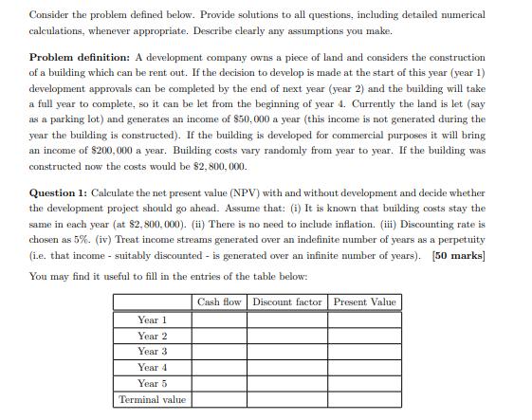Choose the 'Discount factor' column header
(x=287, y=302)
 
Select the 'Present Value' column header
(x=365, y=302)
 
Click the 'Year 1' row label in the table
(x=153, y=320)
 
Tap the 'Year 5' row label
(x=153, y=383)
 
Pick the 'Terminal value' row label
(x=153, y=400)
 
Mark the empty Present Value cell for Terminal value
(x=365, y=400)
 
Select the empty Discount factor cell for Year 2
(x=287, y=336)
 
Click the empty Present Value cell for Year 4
(x=365, y=368)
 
